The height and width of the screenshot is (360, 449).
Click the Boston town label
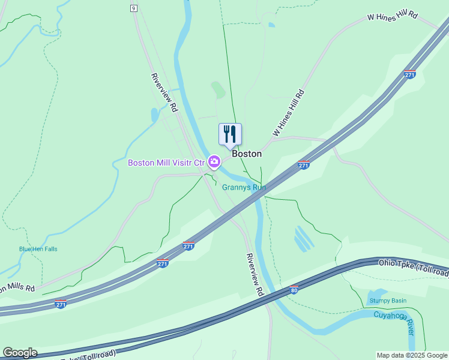click(x=247, y=154)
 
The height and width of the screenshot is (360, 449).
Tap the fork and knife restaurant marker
click(x=230, y=134)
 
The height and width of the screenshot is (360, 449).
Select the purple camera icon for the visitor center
click(x=214, y=161)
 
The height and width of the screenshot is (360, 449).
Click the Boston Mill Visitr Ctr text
click(x=166, y=162)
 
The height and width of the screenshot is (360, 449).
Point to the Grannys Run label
click(x=244, y=187)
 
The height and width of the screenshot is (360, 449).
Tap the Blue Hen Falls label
click(x=38, y=249)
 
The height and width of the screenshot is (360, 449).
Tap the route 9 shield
click(x=133, y=8)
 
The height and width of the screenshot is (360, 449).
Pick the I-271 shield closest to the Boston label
click(x=304, y=165)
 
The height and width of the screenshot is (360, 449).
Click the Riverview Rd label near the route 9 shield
click(x=164, y=93)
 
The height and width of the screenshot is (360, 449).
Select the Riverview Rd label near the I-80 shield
click(x=255, y=274)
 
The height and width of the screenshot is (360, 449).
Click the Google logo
click(x=20, y=353)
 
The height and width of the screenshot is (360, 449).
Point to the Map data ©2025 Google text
click(x=412, y=356)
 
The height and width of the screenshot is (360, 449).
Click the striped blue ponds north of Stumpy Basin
click(x=304, y=239)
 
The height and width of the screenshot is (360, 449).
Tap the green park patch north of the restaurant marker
click(x=218, y=90)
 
